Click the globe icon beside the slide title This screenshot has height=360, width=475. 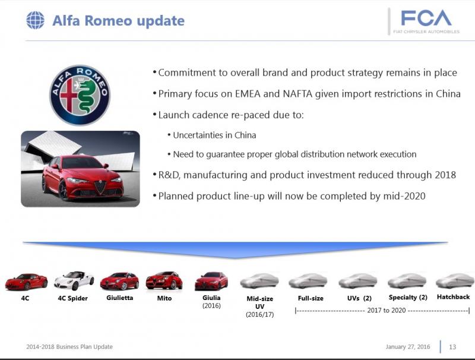[35, 20]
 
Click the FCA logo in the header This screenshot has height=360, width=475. [426, 21]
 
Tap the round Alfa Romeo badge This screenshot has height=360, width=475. [80, 95]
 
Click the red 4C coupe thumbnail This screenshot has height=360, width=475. [26, 282]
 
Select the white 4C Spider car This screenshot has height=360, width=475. [74, 280]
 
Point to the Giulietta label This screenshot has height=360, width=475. [120, 298]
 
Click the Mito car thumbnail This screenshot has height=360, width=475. [164, 280]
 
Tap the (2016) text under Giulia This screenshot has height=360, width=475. [211, 305]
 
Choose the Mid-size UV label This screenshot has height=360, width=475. [259, 302]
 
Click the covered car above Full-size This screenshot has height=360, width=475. [308, 280]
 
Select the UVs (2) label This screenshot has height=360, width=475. [359, 298]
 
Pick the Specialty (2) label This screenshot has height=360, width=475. [408, 297]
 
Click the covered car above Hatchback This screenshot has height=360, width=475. [455, 280]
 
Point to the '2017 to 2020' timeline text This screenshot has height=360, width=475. [387, 310]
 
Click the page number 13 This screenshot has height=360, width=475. [452, 347]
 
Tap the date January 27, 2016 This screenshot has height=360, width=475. [408, 347]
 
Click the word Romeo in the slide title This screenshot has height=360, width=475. [109, 21]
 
